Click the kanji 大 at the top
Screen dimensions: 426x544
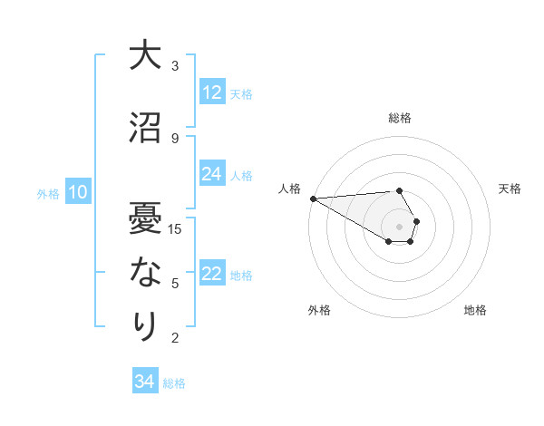pyautogui.click(x=144, y=56)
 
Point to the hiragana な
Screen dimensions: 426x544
pyautogui.click(x=144, y=273)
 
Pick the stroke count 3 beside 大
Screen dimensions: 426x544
pyautogui.click(x=175, y=66)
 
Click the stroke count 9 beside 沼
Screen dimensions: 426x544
pyautogui.click(x=175, y=138)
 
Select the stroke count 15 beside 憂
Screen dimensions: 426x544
pyautogui.click(x=176, y=228)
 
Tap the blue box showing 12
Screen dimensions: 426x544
pyautogui.click(x=212, y=92)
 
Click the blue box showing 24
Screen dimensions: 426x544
pyautogui.click(x=212, y=174)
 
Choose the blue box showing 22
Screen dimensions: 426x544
pyautogui.click(x=212, y=275)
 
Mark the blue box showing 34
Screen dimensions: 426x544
pyautogui.click(x=144, y=382)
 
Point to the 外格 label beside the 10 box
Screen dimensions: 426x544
pyautogui.click(x=48, y=193)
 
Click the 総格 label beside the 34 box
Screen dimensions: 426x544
pyautogui.click(x=174, y=382)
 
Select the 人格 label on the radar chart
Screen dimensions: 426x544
pyautogui.click(x=289, y=189)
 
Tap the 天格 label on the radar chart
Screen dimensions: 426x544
pyautogui.click(x=510, y=189)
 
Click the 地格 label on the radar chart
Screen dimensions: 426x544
pyautogui.click(x=475, y=310)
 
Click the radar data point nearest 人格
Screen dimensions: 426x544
pyautogui.click(x=313, y=198)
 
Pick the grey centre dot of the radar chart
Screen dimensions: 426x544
pyautogui.click(x=399, y=226)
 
